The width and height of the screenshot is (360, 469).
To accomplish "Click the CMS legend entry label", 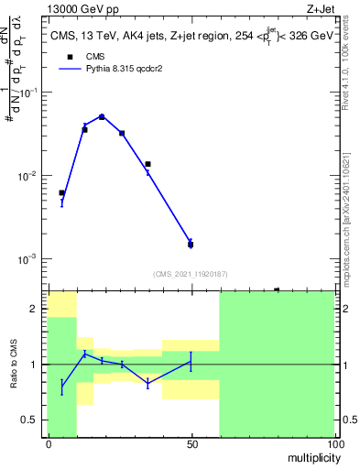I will pyautogui.click(x=94, y=56).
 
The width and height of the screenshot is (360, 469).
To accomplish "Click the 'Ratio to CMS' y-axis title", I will pyautogui.click(x=14, y=364).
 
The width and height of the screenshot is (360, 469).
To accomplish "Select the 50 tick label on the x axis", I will pyautogui.click(x=191, y=444).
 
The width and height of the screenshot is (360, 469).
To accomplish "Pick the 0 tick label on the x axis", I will pyautogui.click(x=48, y=444).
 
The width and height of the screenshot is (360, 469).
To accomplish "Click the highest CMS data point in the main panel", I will pyautogui.click(x=102, y=117).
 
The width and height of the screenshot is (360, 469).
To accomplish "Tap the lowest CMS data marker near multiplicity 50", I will pyautogui.click(x=191, y=245).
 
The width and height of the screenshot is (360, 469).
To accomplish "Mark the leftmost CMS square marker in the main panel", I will pyautogui.click(x=61, y=193).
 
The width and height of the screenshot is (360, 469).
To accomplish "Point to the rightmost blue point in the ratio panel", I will pyautogui.click(x=191, y=361).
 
